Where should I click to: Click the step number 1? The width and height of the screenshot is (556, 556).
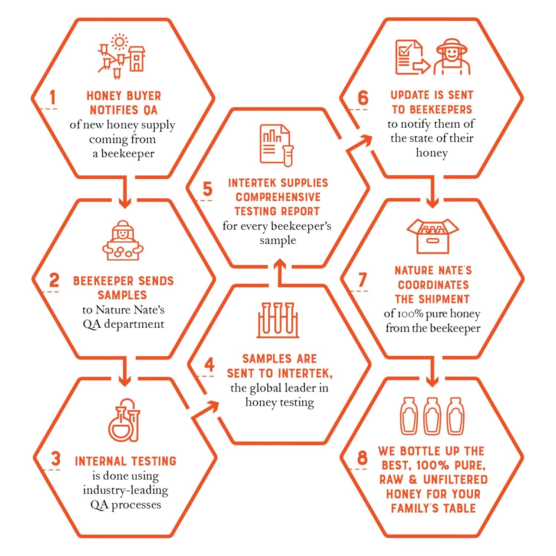point(53,97)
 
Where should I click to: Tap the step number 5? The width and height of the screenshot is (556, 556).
point(208,189)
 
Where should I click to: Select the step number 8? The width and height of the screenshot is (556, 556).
point(362,458)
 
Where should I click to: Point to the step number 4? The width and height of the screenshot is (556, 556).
point(209,364)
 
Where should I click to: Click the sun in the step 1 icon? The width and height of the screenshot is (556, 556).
point(119,42)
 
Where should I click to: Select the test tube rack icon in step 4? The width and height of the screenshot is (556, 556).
point(278,320)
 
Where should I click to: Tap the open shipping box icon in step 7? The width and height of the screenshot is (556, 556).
point(433,236)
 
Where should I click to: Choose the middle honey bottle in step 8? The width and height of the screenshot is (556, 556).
point(432,416)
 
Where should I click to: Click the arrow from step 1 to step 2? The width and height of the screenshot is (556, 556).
point(125,192)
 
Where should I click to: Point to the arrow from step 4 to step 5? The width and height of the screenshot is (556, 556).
point(280,273)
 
